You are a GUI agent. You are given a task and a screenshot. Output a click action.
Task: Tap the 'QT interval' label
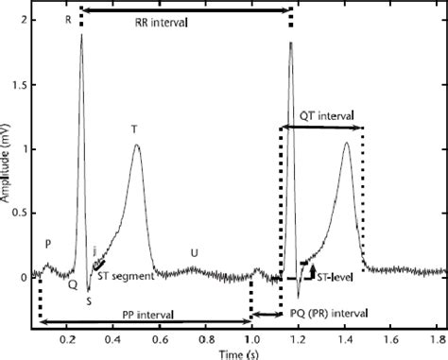[319, 115]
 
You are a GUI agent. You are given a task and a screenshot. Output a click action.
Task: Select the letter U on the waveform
[195, 252]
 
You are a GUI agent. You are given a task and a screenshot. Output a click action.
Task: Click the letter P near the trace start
[47, 243]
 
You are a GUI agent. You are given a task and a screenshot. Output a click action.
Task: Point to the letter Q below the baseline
[72, 281]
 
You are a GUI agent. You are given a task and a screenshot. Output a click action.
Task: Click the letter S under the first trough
[88, 301]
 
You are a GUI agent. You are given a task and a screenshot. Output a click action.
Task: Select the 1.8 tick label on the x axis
[437, 339]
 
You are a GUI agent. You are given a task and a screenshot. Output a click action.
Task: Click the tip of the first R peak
[82, 35]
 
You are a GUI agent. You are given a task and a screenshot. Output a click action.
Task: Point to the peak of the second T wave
[347, 143]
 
